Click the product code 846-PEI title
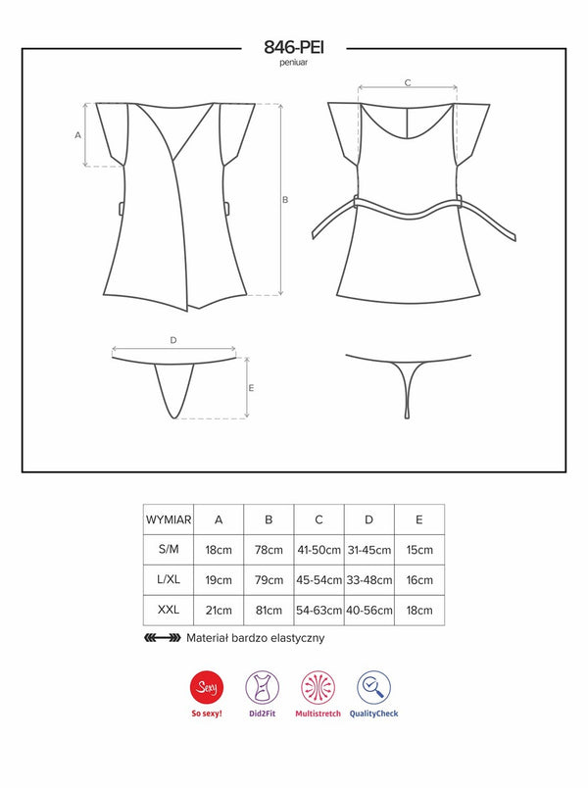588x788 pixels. [294, 47]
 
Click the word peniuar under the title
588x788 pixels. [294, 63]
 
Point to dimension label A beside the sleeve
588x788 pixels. [77, 135]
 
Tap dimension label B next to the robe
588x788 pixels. [285, 200]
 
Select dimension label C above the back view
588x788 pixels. [408, 82]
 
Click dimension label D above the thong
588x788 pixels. [173, 340]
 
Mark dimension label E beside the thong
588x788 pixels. [251, 388]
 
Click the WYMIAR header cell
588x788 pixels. [169, 519]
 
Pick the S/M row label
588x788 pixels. [169, 549]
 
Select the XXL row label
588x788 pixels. [169, 610]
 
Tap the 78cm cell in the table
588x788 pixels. [269, 550]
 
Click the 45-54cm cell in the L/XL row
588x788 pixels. [319, 580]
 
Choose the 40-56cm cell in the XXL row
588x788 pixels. [369, 610]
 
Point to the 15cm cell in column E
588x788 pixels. [419, 550]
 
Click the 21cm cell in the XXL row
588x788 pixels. [219, 610]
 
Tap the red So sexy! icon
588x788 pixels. [207, 687]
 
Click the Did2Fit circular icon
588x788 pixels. [263, 687]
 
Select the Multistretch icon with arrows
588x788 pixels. [318, 687]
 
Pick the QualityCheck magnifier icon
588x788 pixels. [374, 687]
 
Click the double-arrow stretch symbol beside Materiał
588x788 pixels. [163, 638]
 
